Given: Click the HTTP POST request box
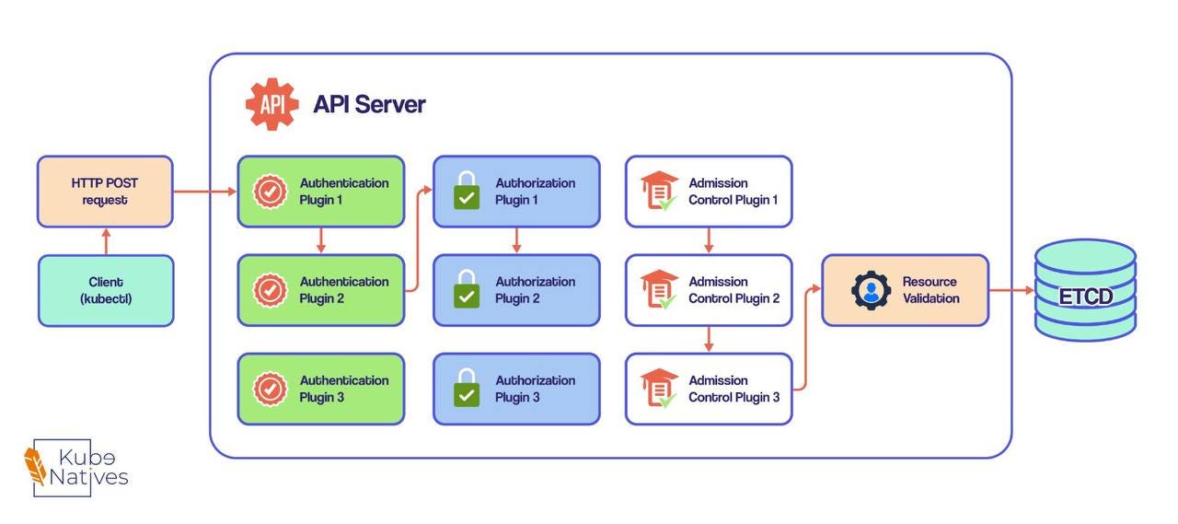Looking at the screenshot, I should tap(105, 192).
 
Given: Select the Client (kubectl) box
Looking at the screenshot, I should tap(106, 290).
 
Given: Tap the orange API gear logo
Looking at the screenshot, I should tap(271, 104).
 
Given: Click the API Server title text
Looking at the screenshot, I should tap(369, 104).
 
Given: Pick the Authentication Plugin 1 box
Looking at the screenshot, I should tap(321, 192).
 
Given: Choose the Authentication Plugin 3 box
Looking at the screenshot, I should tap(321, 389).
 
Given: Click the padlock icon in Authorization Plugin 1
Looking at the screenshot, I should tap(467, 191).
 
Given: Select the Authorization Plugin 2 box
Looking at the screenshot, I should tap(516, 290).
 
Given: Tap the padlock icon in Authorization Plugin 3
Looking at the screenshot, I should tap(467, 388).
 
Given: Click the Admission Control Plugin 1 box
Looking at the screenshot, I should tap(709, 192).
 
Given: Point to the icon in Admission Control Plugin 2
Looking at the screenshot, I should tap(660, 289).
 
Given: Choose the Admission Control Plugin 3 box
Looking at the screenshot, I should tap(709, 389).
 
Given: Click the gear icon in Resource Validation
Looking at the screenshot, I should tap(871, 290).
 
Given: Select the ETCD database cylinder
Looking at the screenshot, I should tap(1085, 290).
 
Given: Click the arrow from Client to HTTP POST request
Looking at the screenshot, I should tap(106, 241).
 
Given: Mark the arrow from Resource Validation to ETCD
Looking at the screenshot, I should tap(1011, 291).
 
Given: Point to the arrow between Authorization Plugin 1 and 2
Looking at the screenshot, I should tap(516, 240).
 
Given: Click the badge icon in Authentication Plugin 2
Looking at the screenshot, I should tap(270, 290).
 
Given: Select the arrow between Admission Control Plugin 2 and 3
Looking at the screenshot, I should tap(709, 339).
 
